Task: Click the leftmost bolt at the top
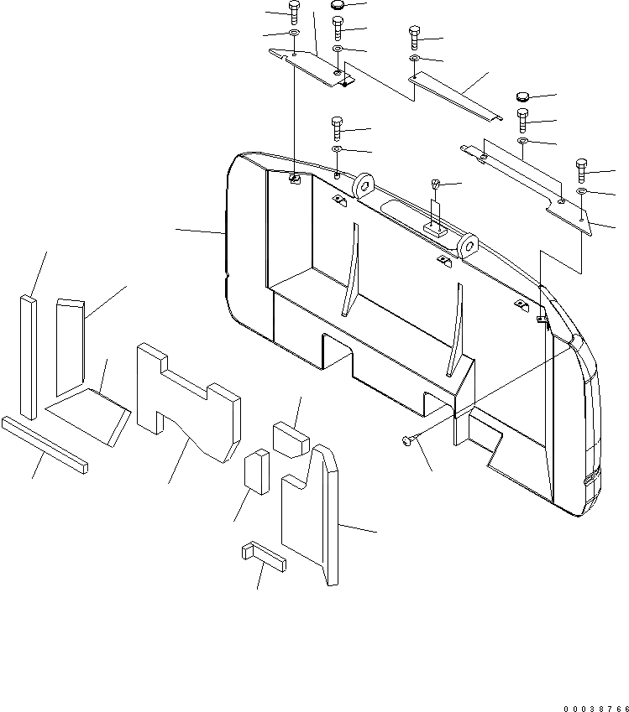pyautogui.click(x=293, y=12)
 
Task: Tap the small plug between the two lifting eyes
pyautogui.click(x=436, y=184)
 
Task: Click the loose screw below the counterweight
pyautogui.click(x=408, y=439)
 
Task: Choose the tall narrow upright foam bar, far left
pyautogui.click(x=29, y=356)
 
